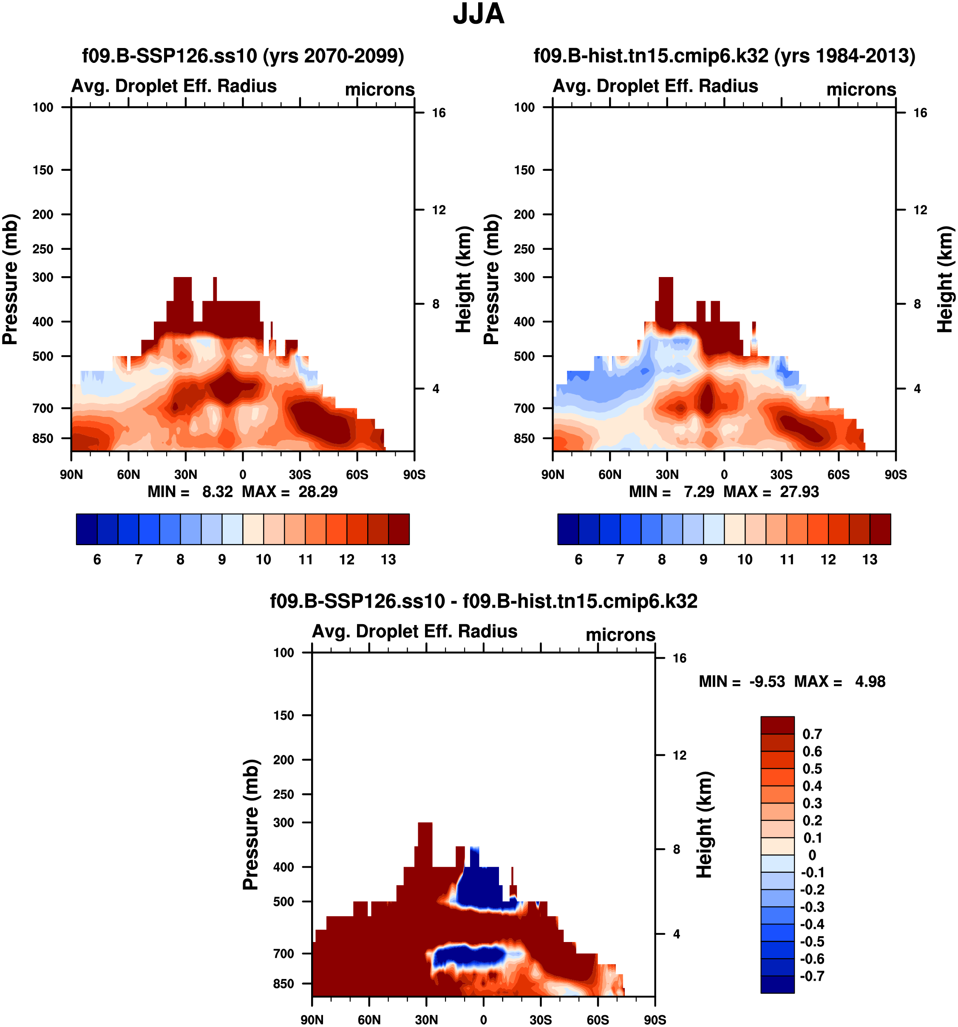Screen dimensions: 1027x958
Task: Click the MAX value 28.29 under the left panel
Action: click(x=318, y=491)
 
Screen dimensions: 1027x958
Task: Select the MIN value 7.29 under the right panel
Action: click(x=699, y=491)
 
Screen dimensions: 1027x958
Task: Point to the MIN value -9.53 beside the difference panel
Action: click(x=767, y=682)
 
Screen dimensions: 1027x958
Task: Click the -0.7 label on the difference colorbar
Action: click(x=812, y=976)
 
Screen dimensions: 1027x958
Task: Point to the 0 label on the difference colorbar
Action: click(x=812, y=855)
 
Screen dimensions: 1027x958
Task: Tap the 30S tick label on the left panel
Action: click(x=300, y=474)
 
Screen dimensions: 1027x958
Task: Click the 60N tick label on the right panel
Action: click(x=610, y=474)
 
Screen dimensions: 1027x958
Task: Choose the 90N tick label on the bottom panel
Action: click(x=312, y=1020)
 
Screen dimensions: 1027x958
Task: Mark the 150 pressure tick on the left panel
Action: click(x=43, y=170)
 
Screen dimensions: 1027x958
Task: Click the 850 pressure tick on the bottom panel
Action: click(x=283, y=984)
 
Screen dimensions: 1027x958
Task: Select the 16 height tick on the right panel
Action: click(x=920, y=113)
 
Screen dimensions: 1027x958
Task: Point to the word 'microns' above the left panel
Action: click(x=380, y=89)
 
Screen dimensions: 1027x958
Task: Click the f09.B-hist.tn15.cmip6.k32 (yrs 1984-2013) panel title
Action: click(x=724, y=55)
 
